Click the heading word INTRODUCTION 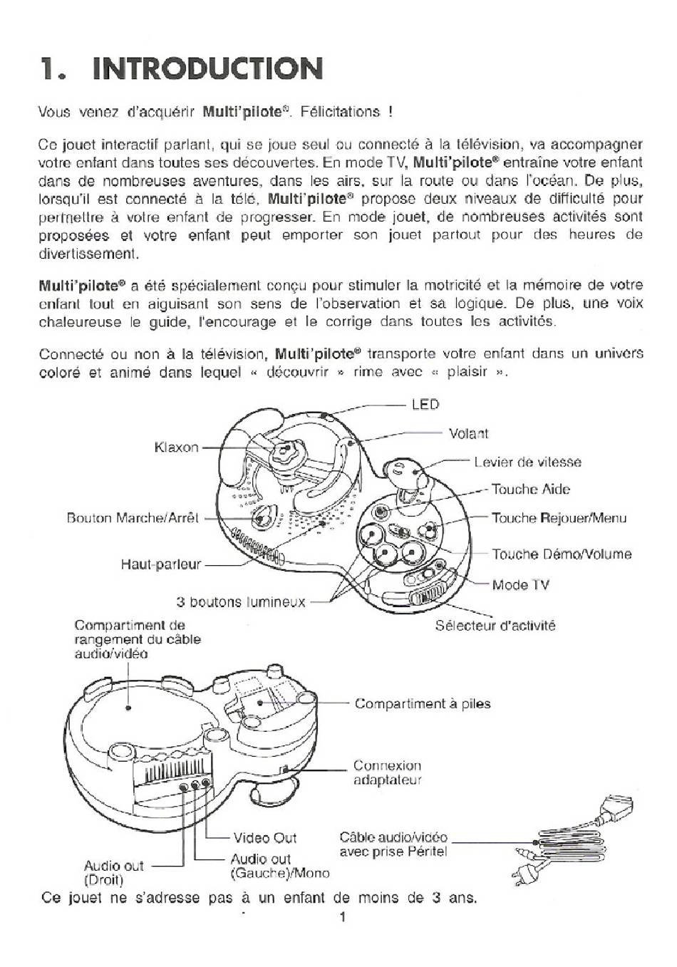click(x=207, y=68)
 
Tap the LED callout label click(x=425, y=405)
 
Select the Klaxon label click(x=176, y=448)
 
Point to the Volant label click(x=468, y=433)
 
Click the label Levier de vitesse click(x=527, y=462)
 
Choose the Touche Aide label click(x=531, y=489)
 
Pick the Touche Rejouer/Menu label click(x=559, y=517)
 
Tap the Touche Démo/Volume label click(x=562, y=554)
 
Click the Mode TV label click(x=521, y=585)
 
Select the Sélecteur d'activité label click(x=495, y=626)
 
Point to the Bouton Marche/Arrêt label click(x=133, y=517)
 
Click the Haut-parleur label click(x=161, y=564)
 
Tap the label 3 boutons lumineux click(x=241, y=601)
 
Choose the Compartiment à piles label click(x=423, y=703)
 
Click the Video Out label click(x=264, y=838)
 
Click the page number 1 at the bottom click(x=342, y=917)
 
